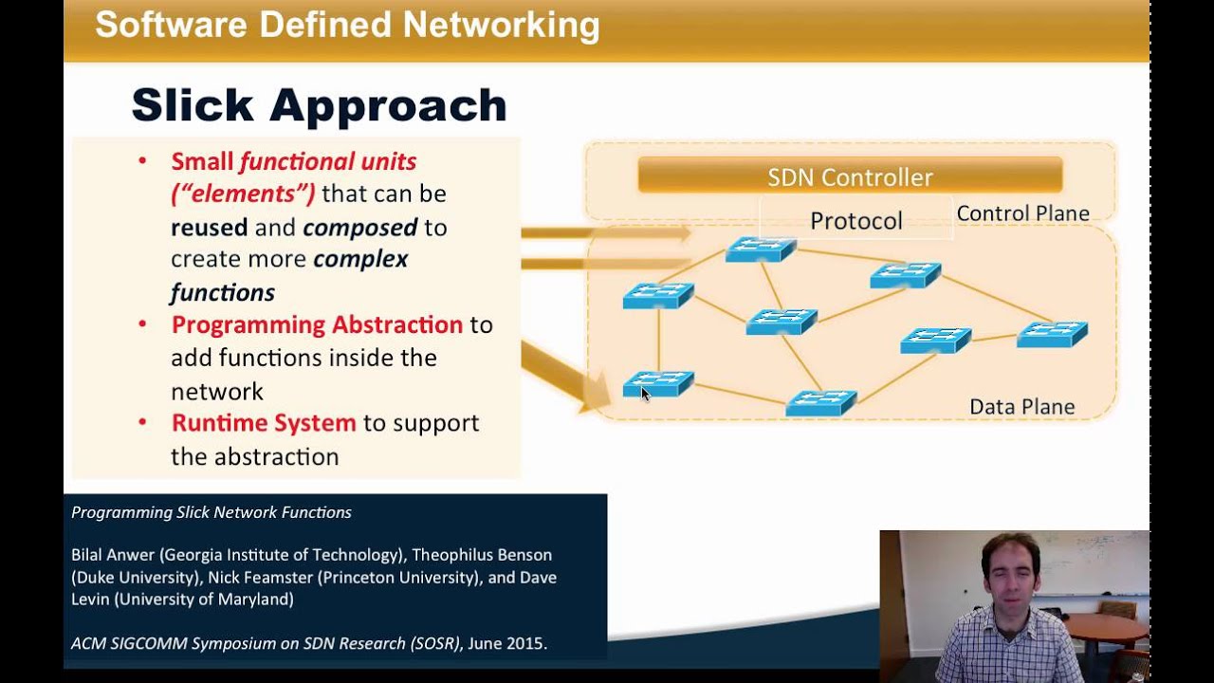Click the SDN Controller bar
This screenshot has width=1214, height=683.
850,176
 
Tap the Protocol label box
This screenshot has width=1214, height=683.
855,220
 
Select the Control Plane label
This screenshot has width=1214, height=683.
1022,213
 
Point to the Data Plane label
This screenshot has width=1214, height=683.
1021,407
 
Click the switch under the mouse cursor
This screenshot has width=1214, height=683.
658,383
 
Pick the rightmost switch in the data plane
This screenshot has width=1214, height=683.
1052,334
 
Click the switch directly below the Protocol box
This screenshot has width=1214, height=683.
761,249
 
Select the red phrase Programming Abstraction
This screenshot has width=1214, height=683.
317,325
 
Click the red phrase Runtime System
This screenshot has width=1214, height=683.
264,423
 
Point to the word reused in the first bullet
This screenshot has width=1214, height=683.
209,228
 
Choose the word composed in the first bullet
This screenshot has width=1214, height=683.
360,228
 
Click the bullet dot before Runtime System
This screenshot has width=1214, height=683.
142,421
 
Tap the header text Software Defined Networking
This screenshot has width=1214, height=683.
347,26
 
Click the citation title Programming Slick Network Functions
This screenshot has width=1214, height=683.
212,512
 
